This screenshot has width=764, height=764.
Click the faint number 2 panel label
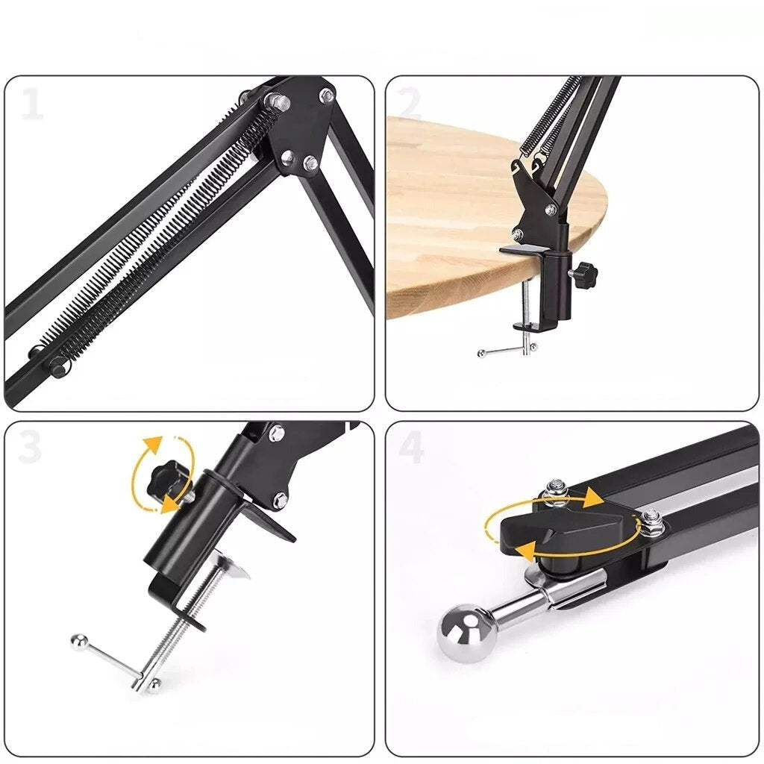410,104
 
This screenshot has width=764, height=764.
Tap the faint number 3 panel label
30,448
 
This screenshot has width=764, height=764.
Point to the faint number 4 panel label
411,448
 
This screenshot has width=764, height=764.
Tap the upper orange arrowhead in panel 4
594,498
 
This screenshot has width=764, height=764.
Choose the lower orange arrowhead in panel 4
528,553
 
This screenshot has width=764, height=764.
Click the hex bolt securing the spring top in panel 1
277,101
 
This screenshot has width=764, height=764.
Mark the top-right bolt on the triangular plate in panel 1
327,95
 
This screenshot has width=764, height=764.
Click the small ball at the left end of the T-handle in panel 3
77,642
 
